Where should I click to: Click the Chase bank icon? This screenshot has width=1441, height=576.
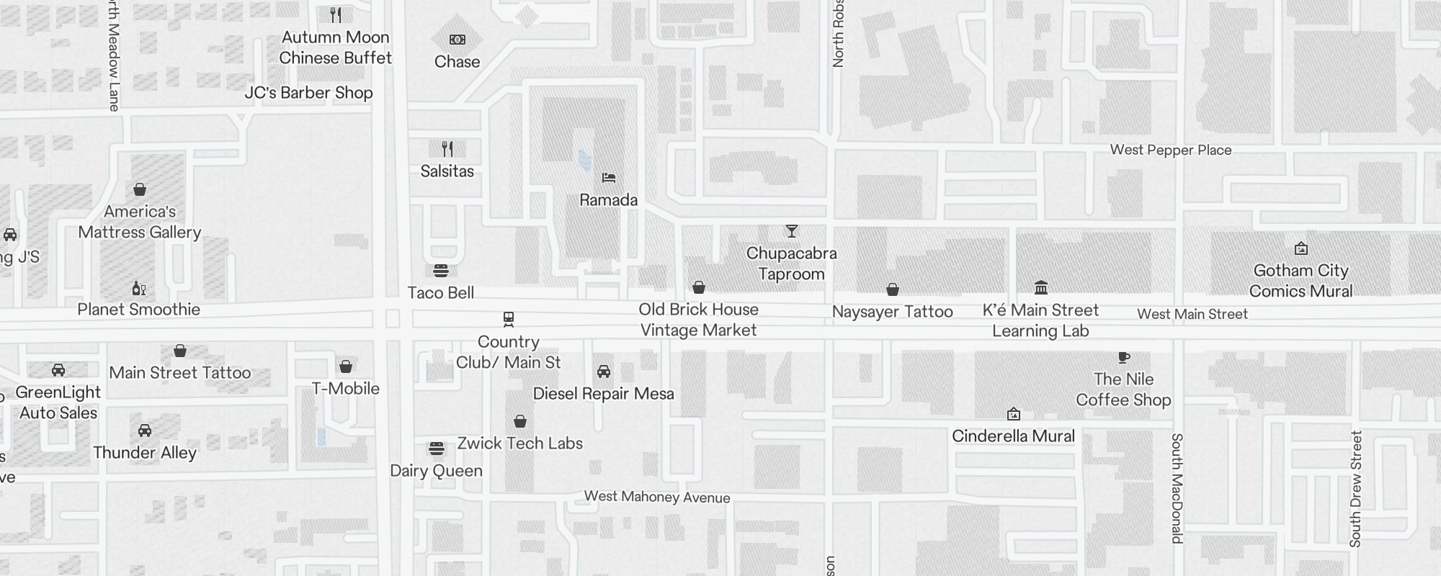[x=457, y=40]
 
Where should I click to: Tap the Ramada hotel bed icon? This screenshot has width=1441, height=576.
[x=609, y=177]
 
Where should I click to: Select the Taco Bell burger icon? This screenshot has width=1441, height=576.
[x=441, y=270]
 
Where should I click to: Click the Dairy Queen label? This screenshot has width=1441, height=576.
[x=436, y=471]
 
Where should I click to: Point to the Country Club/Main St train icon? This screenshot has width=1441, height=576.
[x=509, y=319]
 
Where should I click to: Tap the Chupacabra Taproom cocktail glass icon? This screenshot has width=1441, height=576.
[x=792, y=231]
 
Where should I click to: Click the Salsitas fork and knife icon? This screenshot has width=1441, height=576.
[x=447, y=149]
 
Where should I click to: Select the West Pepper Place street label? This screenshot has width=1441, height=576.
[x=1171, y=150]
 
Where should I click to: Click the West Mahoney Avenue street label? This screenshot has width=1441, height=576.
[x=657, y=497]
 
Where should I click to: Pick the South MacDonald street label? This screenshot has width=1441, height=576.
[x=1177, y=488]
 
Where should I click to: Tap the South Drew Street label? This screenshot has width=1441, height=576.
[x=1356, y=488]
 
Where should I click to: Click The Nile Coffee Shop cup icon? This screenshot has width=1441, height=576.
[x=1123, y=357]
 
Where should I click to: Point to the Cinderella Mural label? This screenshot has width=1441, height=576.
[x=1013, y=436]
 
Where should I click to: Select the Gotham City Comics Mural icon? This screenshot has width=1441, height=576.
[x=1301, y=249]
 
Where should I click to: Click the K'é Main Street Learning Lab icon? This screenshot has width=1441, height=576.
[x=1041, y=288]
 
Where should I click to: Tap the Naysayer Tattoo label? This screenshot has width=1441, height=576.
[x=892, y=312]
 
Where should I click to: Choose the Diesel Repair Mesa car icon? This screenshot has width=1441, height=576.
[x=604, y=372]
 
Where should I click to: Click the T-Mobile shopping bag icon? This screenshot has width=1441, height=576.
[x=346, y=366]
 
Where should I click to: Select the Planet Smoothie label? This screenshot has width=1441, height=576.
[x=139, y=310]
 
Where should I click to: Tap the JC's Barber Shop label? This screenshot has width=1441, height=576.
[x=308, y=93]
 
